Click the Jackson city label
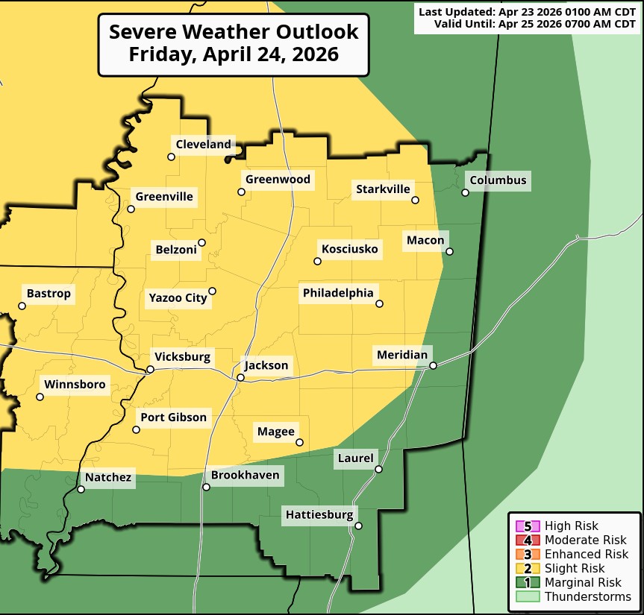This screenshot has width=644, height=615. (266, 365)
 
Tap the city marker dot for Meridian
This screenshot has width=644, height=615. (433, 365)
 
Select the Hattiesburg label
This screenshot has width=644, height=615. (319, 514)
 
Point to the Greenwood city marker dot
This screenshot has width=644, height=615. (241, 192)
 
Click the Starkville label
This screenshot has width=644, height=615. (383, 189)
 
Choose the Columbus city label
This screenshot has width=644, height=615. (498, 180)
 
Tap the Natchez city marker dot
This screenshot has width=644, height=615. (81, 490)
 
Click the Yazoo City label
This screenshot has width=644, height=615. (178, 297)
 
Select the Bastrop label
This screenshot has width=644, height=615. (49, 294)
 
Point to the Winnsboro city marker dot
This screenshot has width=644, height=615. (40, 397)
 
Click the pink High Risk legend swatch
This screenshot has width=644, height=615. (528, 526)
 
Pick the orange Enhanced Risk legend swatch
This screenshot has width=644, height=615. (528, 554)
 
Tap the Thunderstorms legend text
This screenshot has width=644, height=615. (588, 596)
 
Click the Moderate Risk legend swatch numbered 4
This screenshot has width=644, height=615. (528, 540)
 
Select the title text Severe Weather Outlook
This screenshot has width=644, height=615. (234, 32)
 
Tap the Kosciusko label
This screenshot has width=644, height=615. (349, 248)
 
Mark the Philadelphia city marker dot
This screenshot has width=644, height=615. (379, 303)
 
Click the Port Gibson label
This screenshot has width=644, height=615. (173, 417)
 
